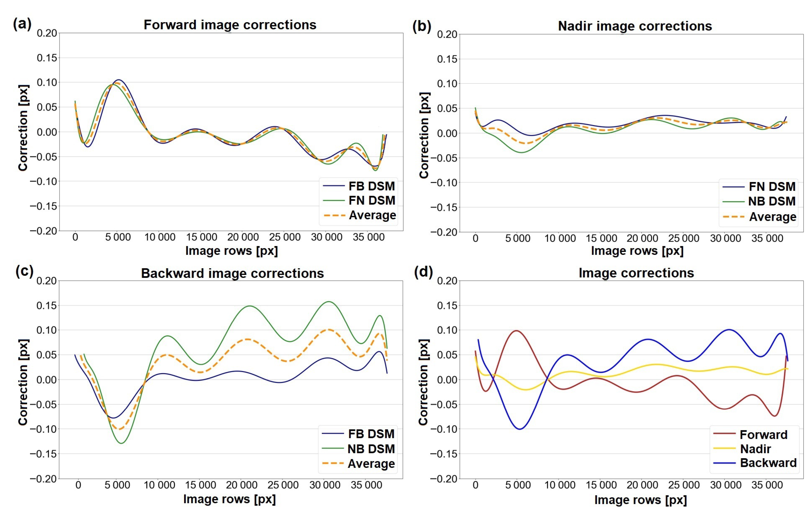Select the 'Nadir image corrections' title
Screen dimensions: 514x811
click(635, 26)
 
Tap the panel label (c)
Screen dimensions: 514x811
click(24, 271)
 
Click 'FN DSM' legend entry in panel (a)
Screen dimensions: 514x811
click(371, 201)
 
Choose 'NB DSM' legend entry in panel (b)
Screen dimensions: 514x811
click(772, 201)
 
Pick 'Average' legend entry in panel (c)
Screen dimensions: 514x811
click(371, 464)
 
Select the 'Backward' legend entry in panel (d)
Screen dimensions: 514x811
click(768, 463)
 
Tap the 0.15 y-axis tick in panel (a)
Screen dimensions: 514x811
click(47, 58)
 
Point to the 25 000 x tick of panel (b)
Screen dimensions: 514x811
click(684, 238)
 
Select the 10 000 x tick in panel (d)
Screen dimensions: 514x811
click(560, 485)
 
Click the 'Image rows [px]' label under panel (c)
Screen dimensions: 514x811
click(229, 499)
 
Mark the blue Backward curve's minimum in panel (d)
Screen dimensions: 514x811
click(520, 429)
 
